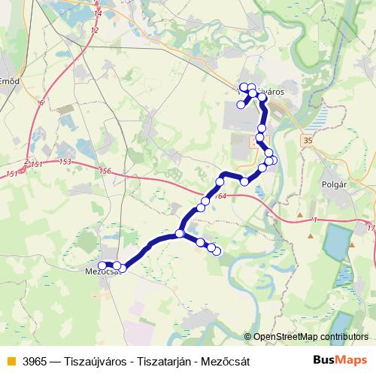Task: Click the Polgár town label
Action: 333,183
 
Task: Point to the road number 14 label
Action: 98,14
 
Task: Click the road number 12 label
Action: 93,30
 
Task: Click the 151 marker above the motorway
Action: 36,163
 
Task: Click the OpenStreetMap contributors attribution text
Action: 310,337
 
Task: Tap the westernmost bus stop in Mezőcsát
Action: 102,265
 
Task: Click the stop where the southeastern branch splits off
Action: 180,234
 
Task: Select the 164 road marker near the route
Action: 219,197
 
